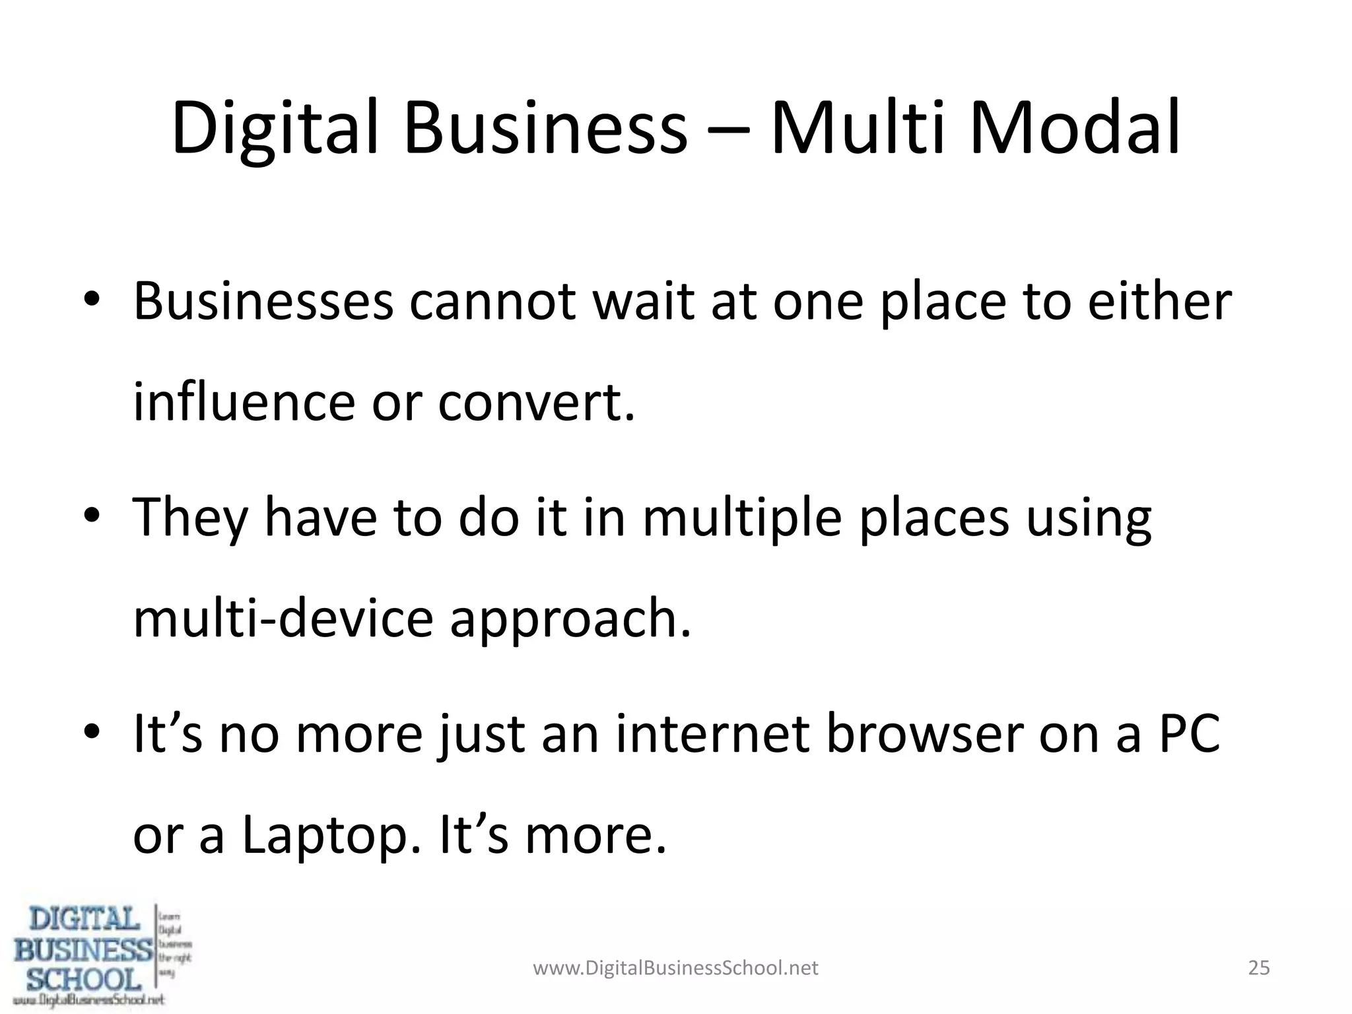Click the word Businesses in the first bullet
[x=263, y=302]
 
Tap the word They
[x=191, y=518]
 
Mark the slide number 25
[x=1259, y=968]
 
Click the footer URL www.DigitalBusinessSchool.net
[x=675, y=968]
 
